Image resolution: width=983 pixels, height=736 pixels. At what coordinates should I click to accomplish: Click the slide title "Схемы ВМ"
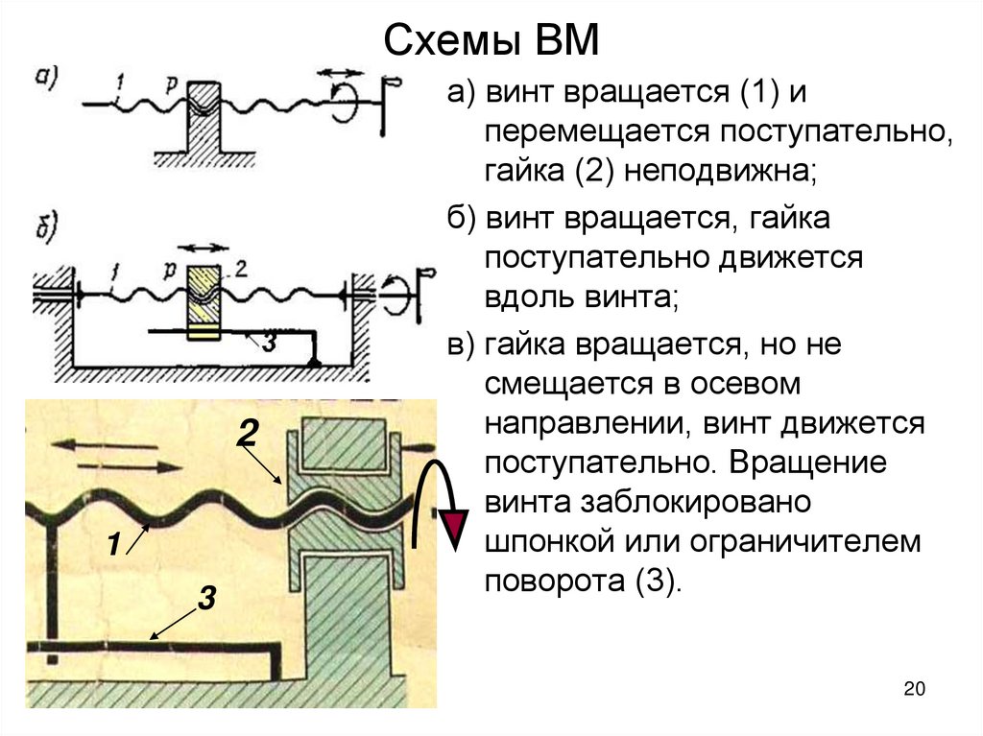point(491,43)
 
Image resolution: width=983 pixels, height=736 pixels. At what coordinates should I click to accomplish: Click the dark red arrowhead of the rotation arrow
point(455,527)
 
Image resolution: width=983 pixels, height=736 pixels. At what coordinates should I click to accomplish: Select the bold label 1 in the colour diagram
point(112,545)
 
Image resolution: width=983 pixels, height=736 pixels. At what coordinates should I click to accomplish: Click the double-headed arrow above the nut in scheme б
point(204,248)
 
